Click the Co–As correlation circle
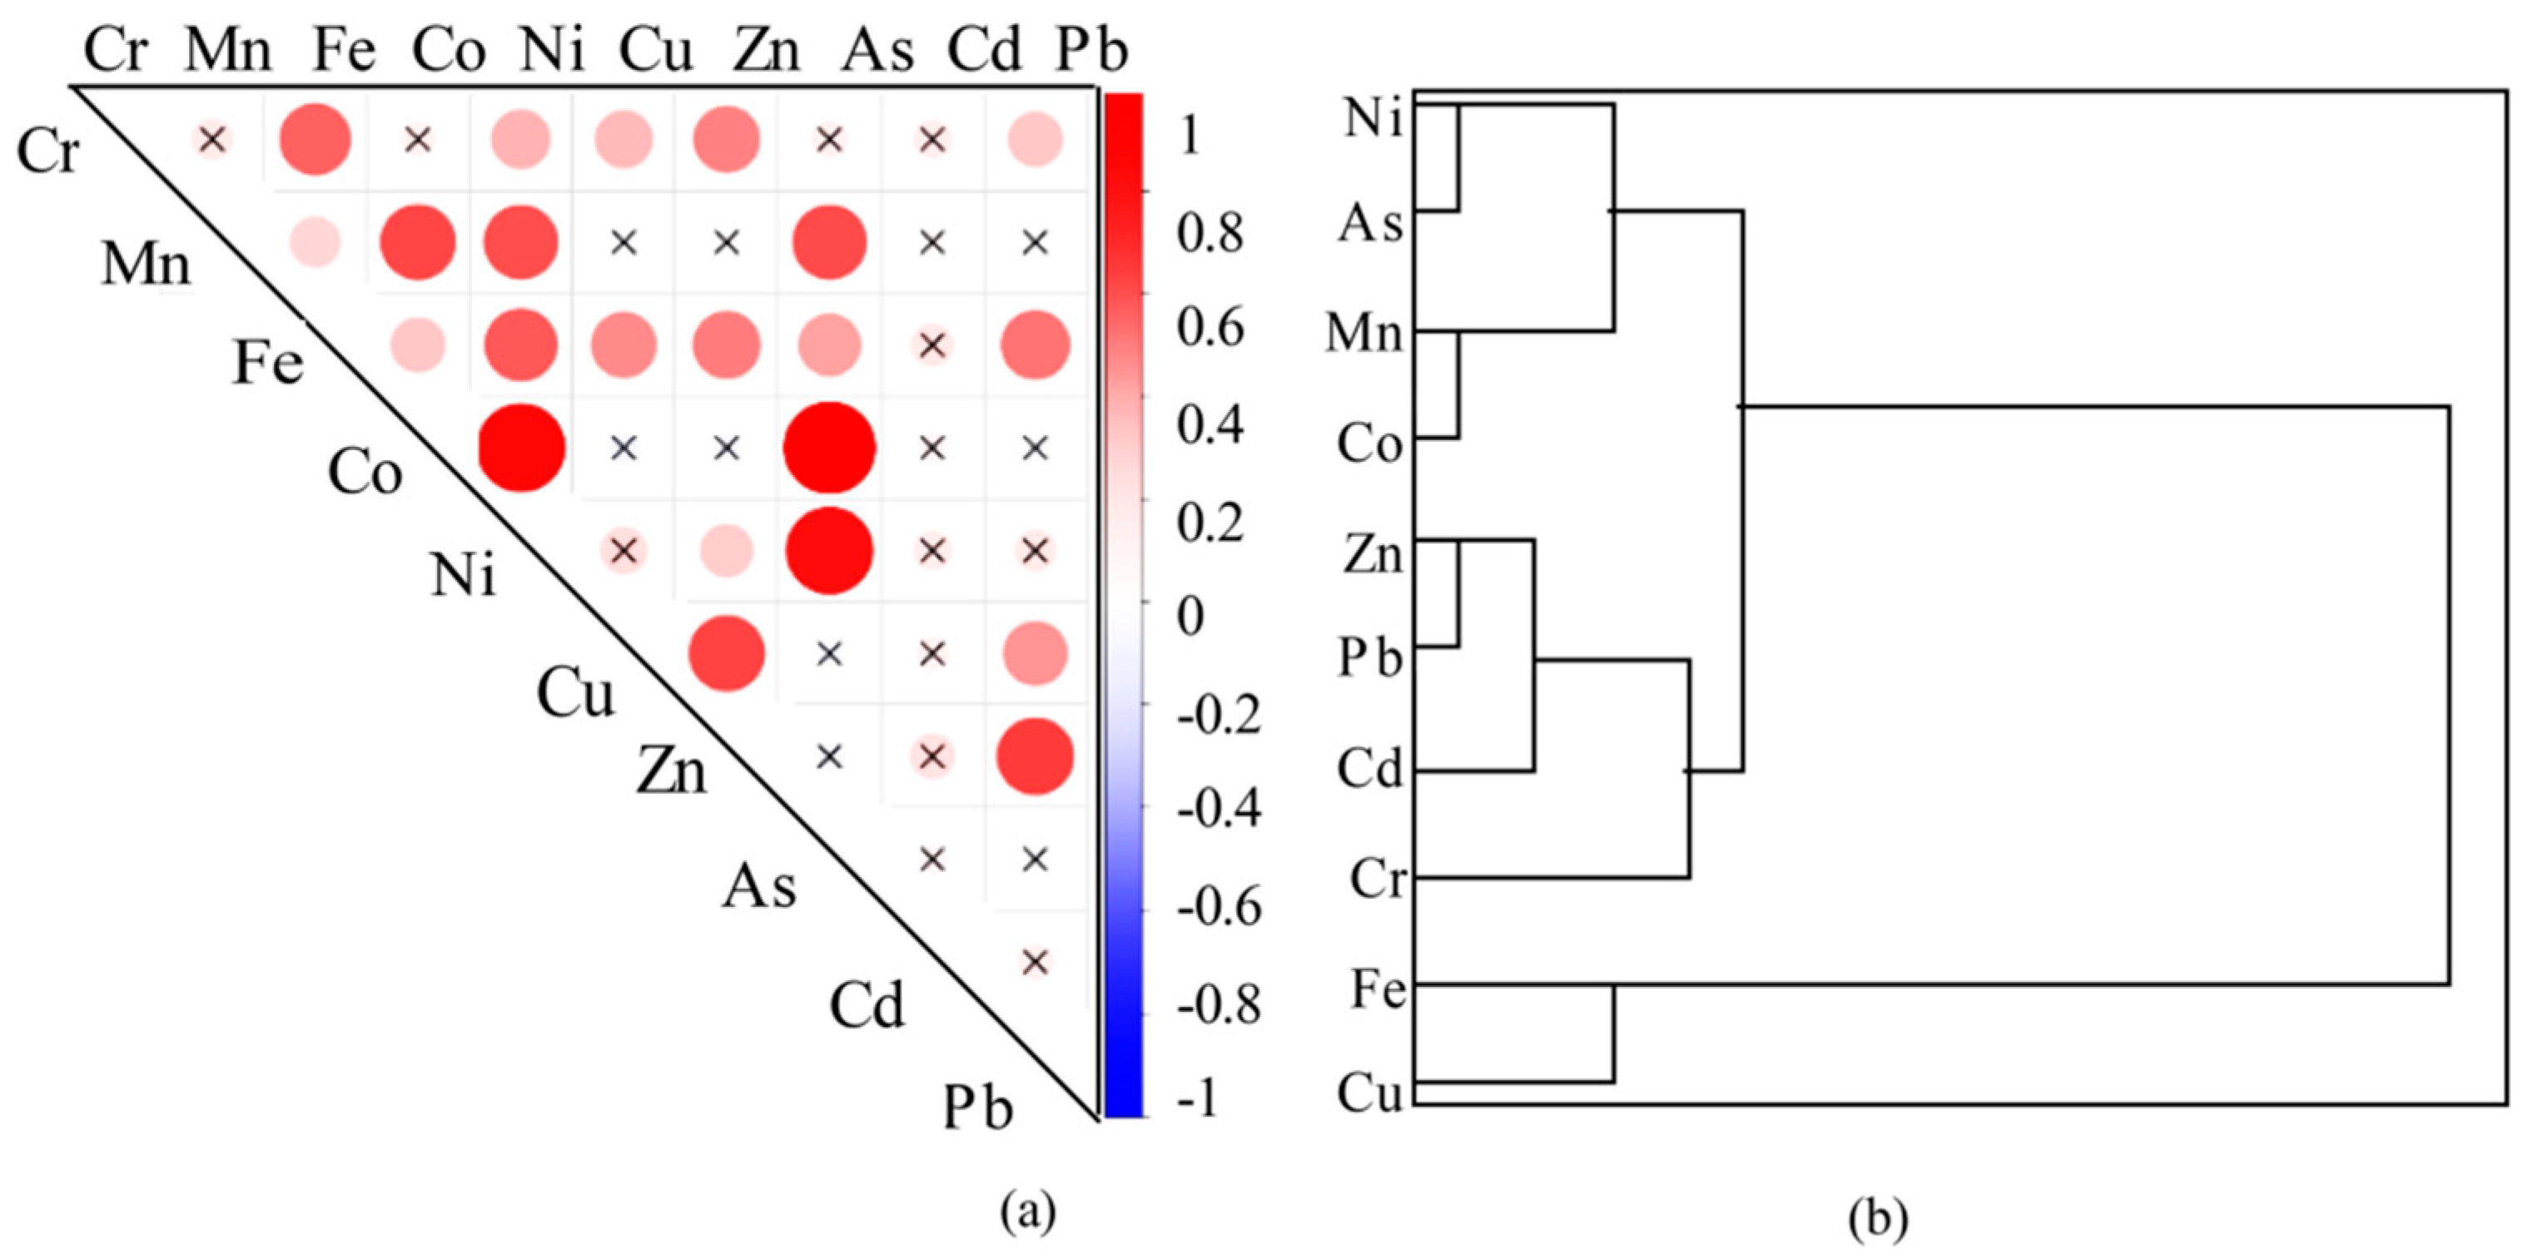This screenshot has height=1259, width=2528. tap(829, 448)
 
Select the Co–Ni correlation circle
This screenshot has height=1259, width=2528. tap(521, 448)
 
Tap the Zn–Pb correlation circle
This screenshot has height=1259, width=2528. tap(1035, 756)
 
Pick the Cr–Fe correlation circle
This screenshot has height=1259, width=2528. tap(315, 141)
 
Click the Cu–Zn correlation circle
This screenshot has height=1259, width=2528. tap(726, 653)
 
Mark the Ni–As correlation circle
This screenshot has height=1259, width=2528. tap(829, 551)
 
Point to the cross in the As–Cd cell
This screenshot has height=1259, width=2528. tap(931, 860)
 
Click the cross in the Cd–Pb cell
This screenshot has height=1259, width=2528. tap(1035, 963)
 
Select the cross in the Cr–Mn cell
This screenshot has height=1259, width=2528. tap(212, 141)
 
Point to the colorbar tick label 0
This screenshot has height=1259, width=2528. tap(1190, 617)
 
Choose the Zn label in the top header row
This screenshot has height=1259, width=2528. tap(767, 50)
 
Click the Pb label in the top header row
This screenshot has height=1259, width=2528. tap(1090, 50)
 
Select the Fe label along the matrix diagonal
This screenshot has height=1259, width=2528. tap(268, 363)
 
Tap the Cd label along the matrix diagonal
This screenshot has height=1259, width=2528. tap(866, 1005)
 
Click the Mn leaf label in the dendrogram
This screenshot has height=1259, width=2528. tap(1364, 333)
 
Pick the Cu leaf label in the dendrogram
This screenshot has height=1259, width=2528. tap(1370, 1093)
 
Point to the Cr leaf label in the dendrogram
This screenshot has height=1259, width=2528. tap(1377, 878)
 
